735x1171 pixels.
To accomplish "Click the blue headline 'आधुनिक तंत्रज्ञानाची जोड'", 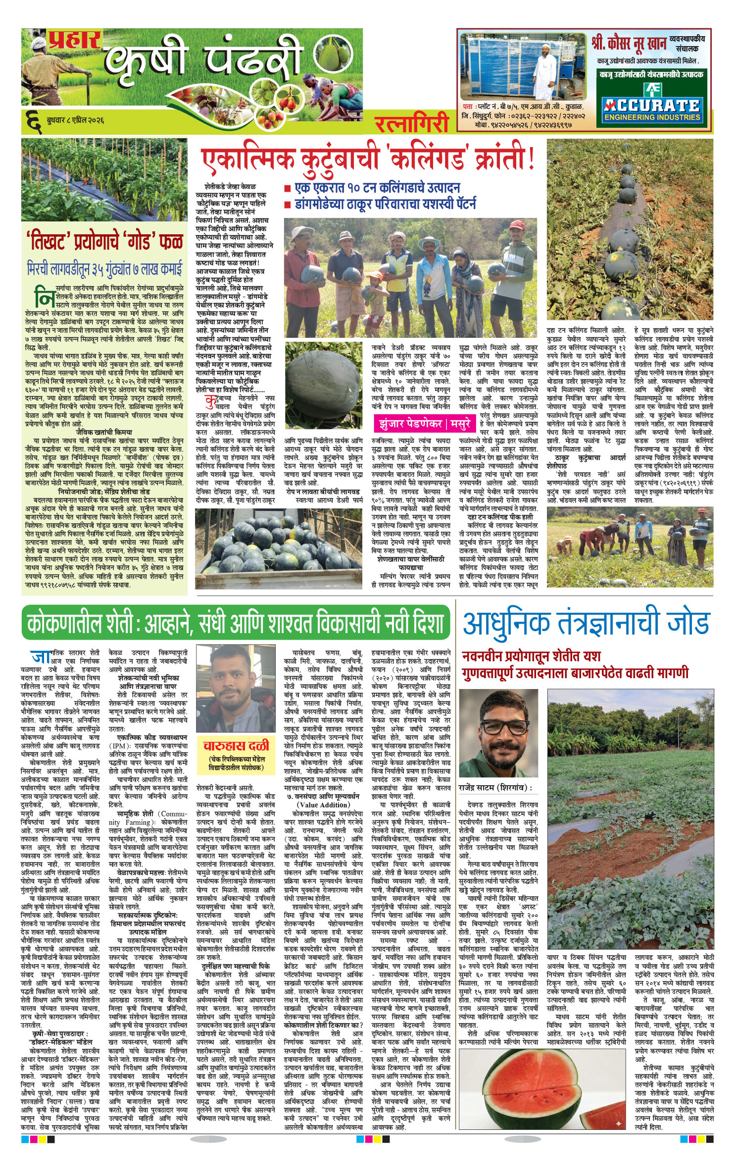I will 586,623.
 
